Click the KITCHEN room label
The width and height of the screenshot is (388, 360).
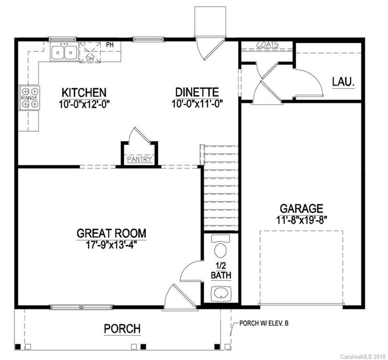(x=83, y=92)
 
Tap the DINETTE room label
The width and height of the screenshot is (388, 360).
(x=197, y=92)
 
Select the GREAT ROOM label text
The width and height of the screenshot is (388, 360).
(x=111, y=233)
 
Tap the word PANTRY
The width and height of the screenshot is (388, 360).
(x=140, y=160)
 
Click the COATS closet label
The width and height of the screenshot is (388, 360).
(x=267, y=45)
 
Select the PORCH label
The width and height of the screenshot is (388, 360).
(x=122, y=328)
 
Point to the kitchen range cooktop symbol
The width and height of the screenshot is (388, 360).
(x=29, y=97)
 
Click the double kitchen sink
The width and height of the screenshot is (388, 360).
(x=64, y=52)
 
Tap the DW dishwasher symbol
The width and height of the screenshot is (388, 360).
(x=90, y=52)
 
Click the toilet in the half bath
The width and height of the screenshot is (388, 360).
(x=220, y=247)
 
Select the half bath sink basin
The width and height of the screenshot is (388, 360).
(x=220, y=293)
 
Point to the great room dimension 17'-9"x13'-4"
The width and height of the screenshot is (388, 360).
(x=111, y=244)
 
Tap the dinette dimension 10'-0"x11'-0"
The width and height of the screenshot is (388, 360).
(x=197, y=103)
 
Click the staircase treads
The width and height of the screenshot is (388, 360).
(x=221, y=187)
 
